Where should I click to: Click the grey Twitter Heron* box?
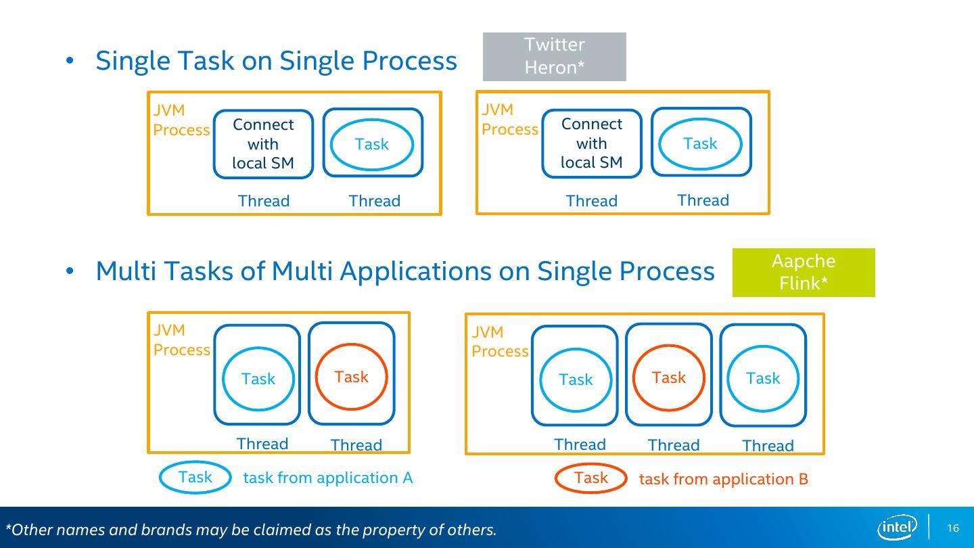click(x=555, y=57)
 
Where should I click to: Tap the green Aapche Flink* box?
click(x=804, y=273)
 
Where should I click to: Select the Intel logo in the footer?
click(x=897, y=527)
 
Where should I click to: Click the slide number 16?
click(x=952, y=528)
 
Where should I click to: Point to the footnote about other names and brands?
click(x=251, y=529)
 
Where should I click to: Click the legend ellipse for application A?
click(x=195, y=477)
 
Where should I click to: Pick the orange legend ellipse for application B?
click(x=591, y=478)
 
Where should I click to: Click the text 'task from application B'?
click(x=724, y=479)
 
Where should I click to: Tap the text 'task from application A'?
click(x=328, y=478)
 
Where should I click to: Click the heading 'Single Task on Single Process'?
click(x=276, y=60)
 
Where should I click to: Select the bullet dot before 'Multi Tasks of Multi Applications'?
click(x=70, y=271)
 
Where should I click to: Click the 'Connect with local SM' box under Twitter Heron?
click(x=592, y=143)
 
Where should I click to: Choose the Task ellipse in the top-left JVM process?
click(x=372, y=144)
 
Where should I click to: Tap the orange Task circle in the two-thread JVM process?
click(x=351, y=377)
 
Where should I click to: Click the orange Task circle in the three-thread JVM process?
click(x=669, y=378)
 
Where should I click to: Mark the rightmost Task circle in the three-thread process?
click(x=763, y=378)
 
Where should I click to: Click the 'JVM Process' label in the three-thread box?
click(x=500, y=342)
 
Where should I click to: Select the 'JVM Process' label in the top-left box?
click(x=181, y=120)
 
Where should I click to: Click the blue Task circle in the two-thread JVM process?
click(x=258, y=379)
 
